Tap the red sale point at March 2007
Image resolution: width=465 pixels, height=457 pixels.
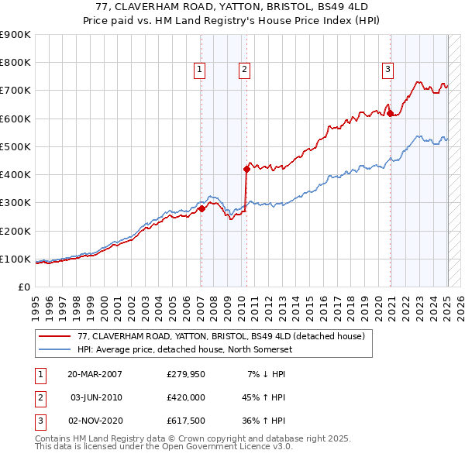click(201, 208)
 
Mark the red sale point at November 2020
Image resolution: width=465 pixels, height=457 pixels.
click(390, 113)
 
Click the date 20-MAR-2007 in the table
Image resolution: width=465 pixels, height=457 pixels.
click(95, 374)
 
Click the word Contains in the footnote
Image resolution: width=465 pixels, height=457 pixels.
click(53, 438)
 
